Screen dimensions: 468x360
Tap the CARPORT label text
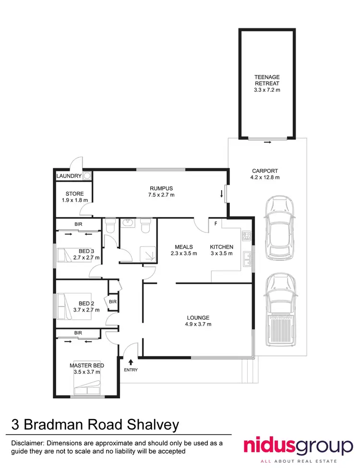point(264,171)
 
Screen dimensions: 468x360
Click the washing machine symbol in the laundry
point(87,176)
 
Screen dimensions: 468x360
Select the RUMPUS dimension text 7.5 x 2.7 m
point(161,195)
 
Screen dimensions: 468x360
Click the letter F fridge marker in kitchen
point(216,224)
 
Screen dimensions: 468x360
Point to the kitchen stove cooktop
point(248,235)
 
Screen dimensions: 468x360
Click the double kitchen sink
point(248,259)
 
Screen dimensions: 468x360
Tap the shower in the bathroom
point(145,253)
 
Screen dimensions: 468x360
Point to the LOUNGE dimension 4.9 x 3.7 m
point(199,324)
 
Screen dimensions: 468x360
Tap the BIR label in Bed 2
point(113,301)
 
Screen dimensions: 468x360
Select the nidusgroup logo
point(298,446)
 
